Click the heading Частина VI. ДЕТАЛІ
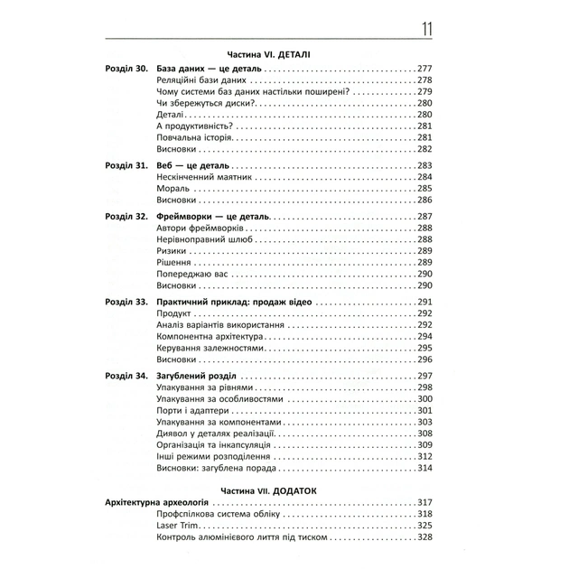coord(270,54)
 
